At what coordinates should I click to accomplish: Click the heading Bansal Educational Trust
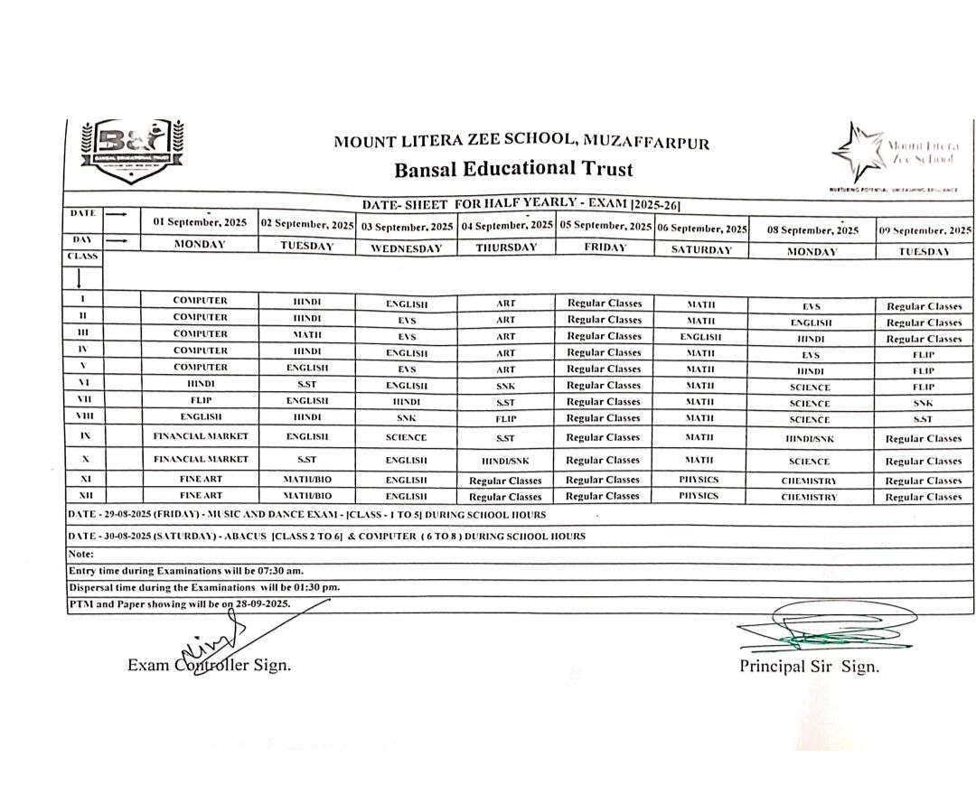[x=513, y=169]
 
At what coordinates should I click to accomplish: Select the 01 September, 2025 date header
[x=200, y=221]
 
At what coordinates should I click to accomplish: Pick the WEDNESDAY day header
[x=406, y=249]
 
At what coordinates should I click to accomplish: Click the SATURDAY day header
[x=701, y=249]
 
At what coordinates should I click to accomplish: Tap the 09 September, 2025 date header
[x=924, y=230]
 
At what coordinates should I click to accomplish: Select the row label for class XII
[x=83, y=496]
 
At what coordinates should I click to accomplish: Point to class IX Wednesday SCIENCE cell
[x=406, y=437]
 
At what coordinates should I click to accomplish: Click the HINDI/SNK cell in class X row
[x=505, y=461]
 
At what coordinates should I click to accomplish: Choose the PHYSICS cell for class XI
[x=699, y=480]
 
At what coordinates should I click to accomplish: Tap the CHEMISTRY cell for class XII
[x=809, y=497]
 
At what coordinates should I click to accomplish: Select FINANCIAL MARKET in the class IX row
[x=200, y=436]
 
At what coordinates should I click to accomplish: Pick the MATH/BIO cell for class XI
[x=307, y=480]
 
